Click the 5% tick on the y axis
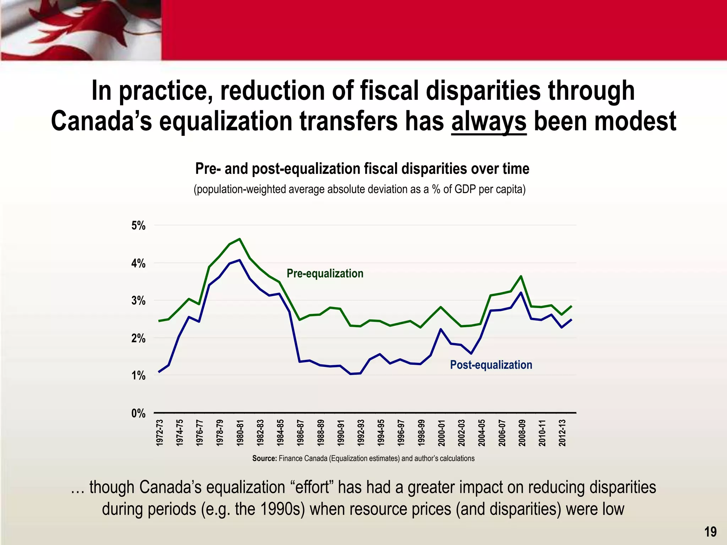pyautogui.click(x=138, y=226)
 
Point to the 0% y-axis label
pyautogui.click(x=138, y=413)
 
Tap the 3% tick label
pyautogui.click(x=138, y=301)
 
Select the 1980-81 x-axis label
pyautogui.click(x=240, y=433)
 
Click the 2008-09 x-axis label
pyautogui.click(x=522, y=433)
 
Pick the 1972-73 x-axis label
pyautogui.click(x=160, y=433)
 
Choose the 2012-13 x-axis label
pyautogui.click(x=562, y=433)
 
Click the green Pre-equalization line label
pyautogui.click(x=325, y=274)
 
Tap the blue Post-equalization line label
pyautogui.click(x=491, y=365)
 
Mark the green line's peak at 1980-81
pyautogui.click(x=240, y=239)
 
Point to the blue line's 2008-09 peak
pyautogui.click(x=521, y=293)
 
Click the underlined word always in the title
pyautogui.click(x=488, y=121)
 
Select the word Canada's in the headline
pyautogui.click(x=101, y=121)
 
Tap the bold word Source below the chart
pyautogui.click(x=264, y=458)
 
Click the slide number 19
pyautogui.click(x=710, y=532)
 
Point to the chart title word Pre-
pyautogui.click(x=208, y=169)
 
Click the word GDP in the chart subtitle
pyautogui.click(x=465, y=189)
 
